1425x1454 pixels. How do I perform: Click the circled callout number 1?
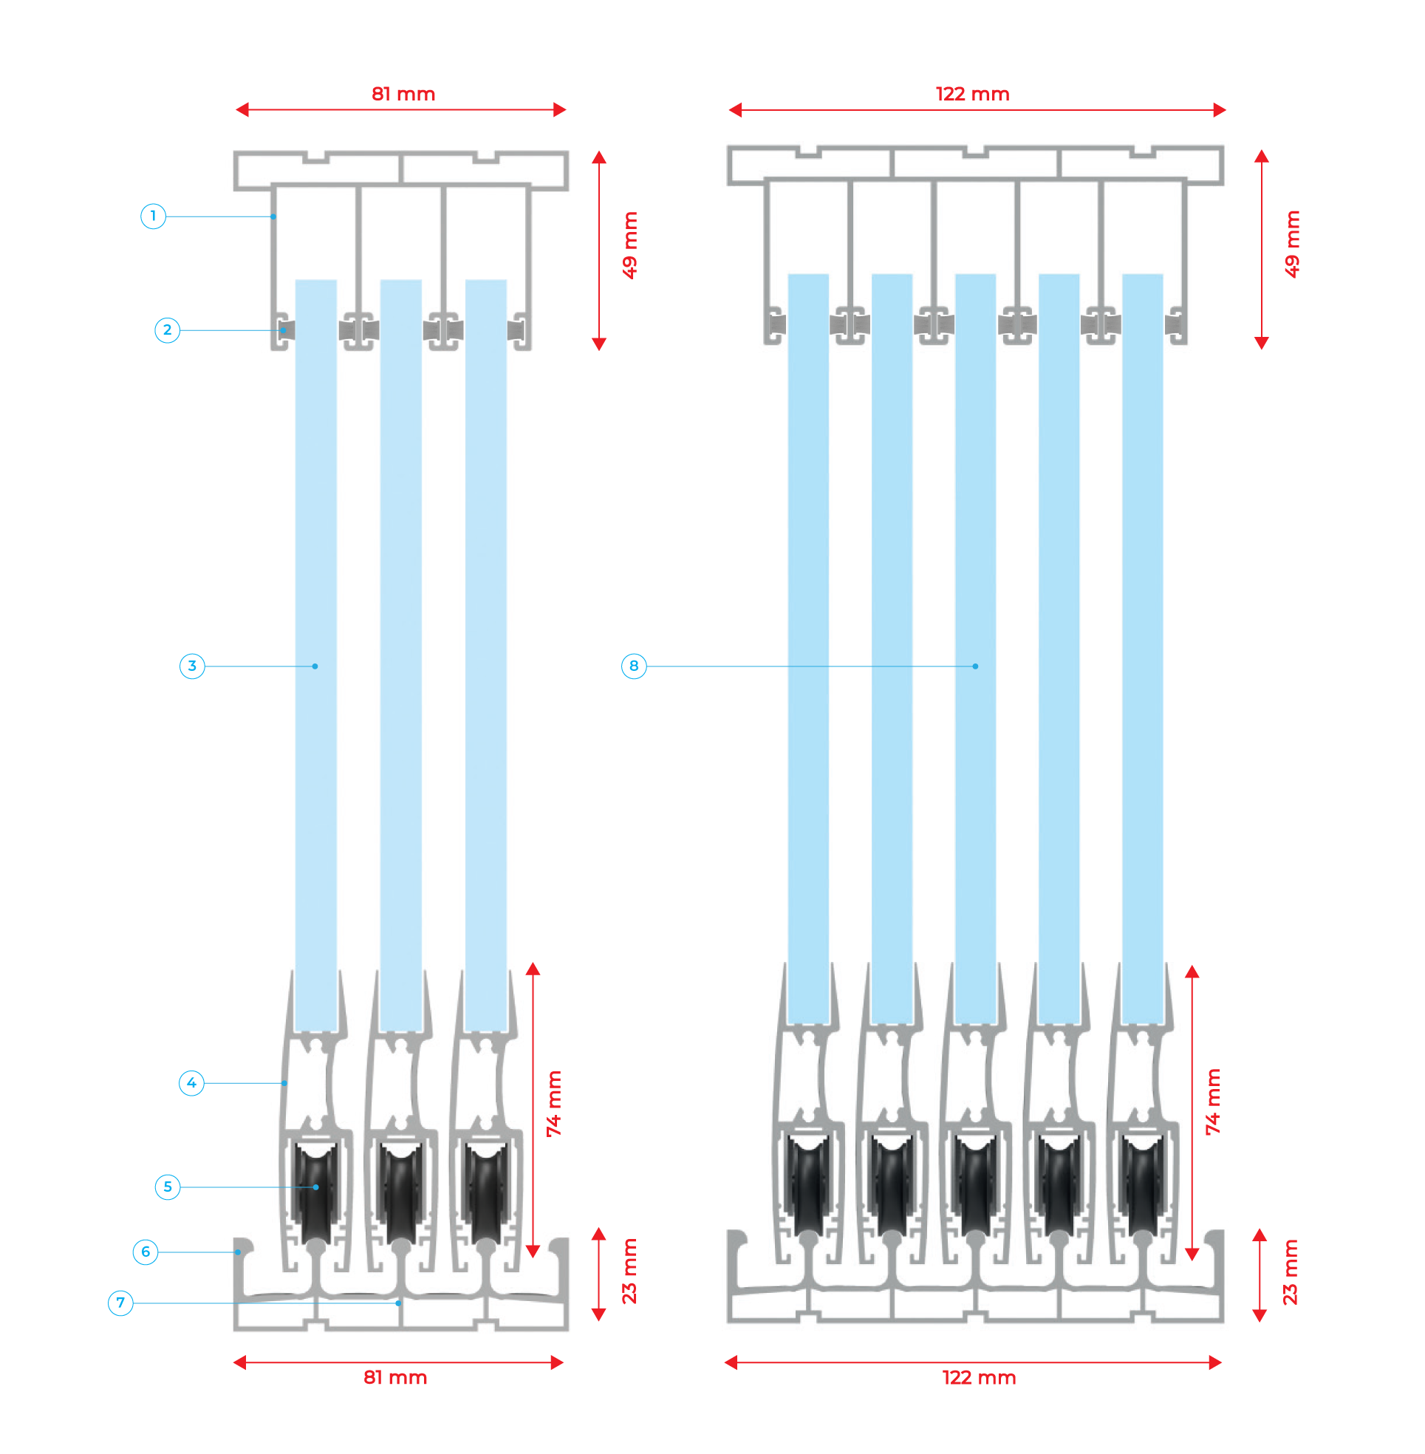(154, 216)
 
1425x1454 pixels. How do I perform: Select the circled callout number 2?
(167, 330)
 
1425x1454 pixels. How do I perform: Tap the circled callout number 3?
(192, 665)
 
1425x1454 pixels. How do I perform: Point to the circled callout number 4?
(191, 1082)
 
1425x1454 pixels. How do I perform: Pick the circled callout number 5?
(168, 1186)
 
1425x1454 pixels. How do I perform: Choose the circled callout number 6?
(146, 1252)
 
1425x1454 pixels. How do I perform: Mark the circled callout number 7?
(120, 1303)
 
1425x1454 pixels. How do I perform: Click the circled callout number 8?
(634, 665)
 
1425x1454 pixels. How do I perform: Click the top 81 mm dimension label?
(403, 95)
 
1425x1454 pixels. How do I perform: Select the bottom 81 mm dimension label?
(395, 1378)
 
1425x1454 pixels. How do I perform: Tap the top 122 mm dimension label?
(972, 95)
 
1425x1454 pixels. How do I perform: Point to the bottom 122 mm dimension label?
(979, 1378)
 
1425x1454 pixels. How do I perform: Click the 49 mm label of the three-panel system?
(630, 245)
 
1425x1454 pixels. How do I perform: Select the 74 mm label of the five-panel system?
(1212, 1102)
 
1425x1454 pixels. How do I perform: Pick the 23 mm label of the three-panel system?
(630, 1272)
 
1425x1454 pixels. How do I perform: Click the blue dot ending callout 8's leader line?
(975, 666)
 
